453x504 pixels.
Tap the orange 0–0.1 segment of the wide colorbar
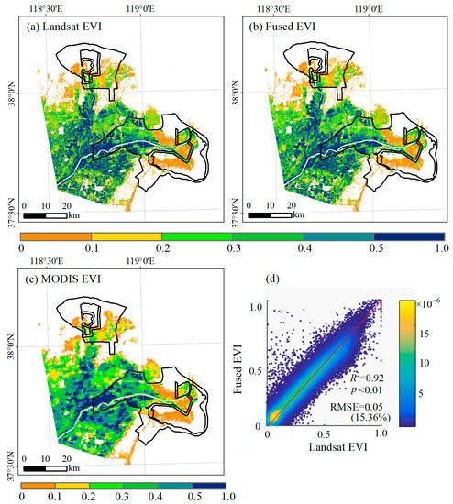(x=55, y=236)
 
